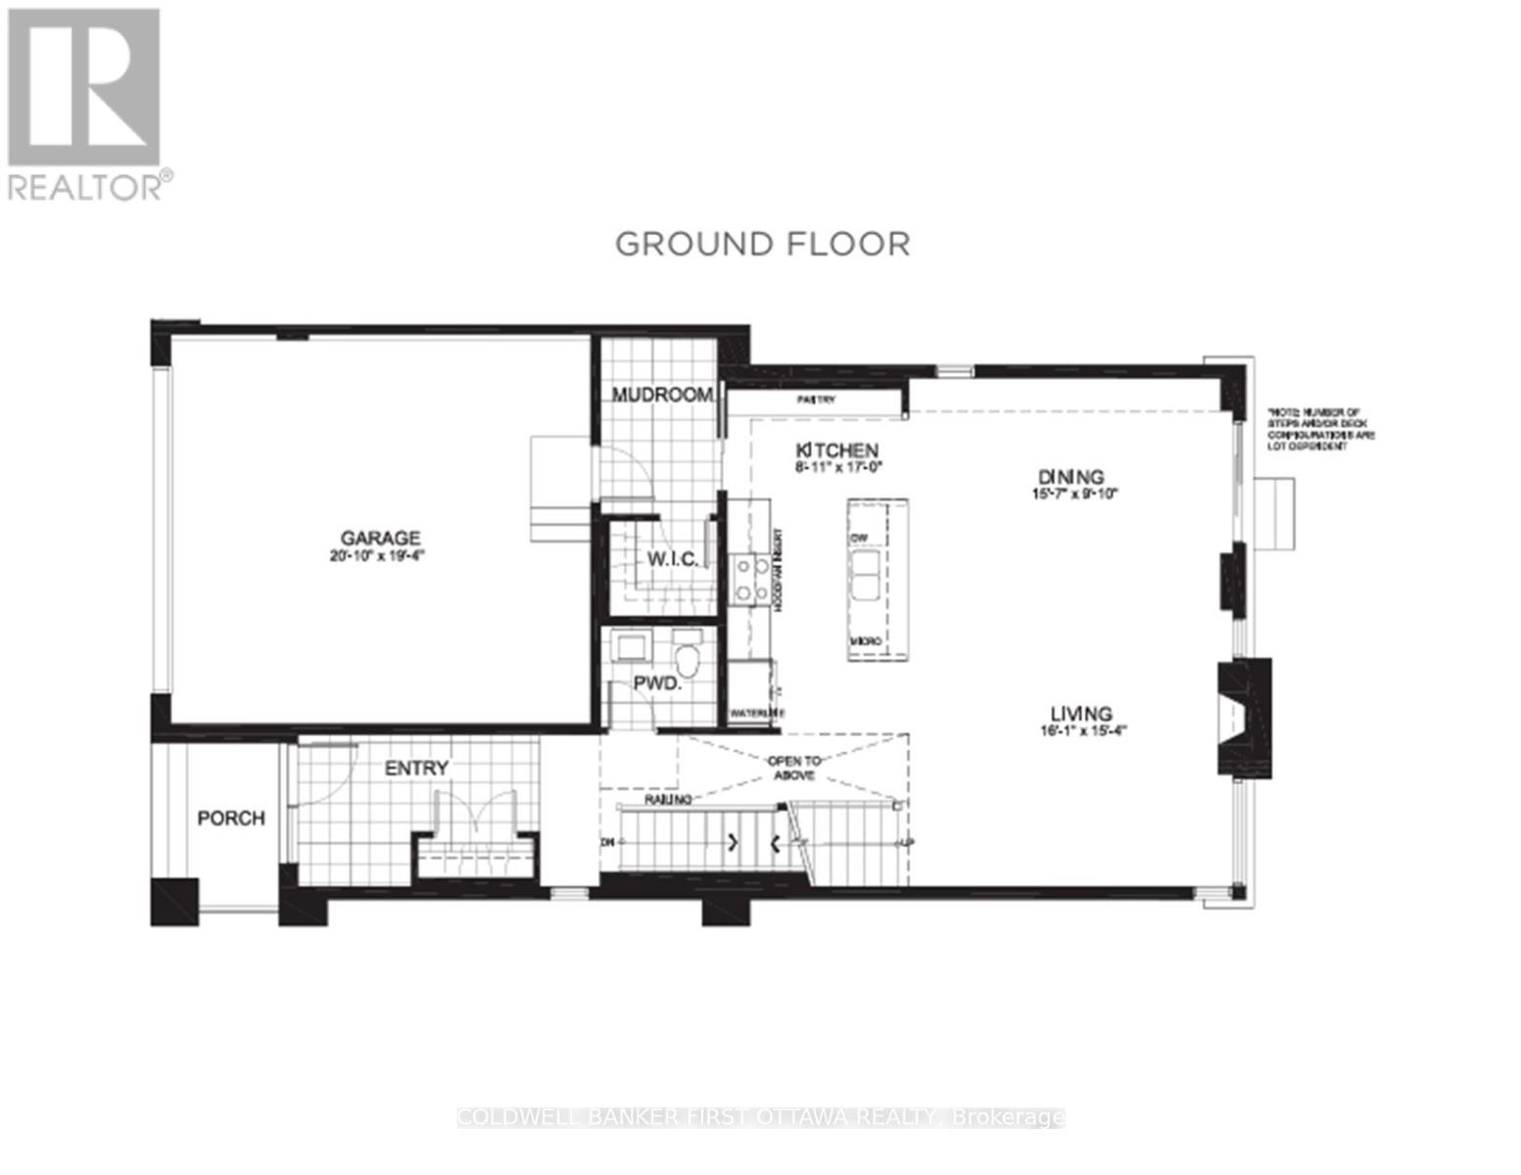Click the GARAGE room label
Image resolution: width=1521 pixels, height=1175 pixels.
click(380, 538)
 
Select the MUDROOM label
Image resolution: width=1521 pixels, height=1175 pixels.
click(662, 395)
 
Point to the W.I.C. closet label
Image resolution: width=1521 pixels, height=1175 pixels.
click(673, 559)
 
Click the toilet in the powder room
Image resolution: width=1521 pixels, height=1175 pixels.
click(689, 659)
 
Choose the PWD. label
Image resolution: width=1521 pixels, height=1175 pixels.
click(656, 683)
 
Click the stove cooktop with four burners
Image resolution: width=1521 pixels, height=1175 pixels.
click(751, 579)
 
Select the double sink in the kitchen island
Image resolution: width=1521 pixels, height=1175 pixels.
click(865, 575)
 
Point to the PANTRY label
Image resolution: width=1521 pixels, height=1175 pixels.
click(815, 400)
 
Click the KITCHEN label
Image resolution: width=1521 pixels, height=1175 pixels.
click(836, 450)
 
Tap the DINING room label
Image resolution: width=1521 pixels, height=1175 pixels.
click(1070, 477)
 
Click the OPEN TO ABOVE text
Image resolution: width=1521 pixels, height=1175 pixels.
click(794, 767)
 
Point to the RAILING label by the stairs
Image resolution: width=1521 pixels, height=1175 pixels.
click(668, 800)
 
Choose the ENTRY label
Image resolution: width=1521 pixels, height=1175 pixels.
click(416, 769)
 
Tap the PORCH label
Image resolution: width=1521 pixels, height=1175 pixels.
click(231, 818)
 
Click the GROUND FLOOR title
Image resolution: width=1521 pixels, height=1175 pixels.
click(762, 244)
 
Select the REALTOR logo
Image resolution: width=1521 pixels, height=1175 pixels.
click(84, 103)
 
